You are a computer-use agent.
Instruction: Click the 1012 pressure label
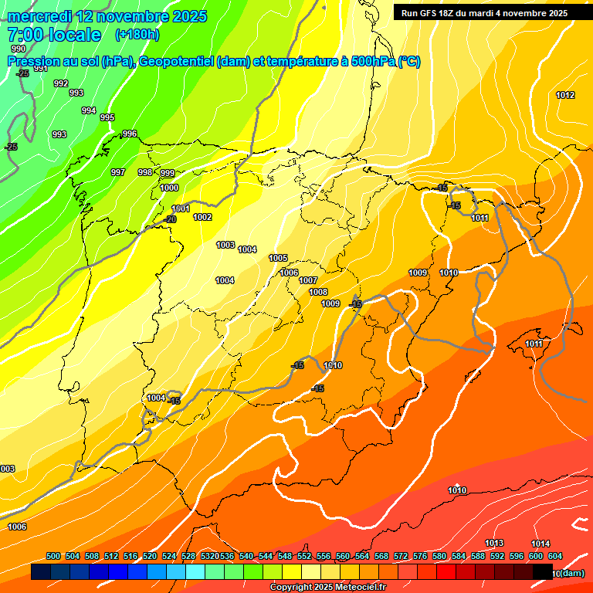click(565, 95)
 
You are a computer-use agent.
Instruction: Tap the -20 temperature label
click(170, 219)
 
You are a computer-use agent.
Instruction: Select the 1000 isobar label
click(170, 188)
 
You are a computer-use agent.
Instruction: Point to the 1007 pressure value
click(308, 280)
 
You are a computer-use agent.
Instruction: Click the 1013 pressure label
click(494, 543)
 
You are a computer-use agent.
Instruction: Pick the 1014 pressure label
click(540, 544)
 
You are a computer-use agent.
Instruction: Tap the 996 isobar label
click(129, 134)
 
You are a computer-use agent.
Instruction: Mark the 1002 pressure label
click(202, 218)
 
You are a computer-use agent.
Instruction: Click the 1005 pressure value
click(278, 258)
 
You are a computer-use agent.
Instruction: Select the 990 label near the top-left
click(19, 70)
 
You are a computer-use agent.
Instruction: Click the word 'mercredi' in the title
click(39, 16)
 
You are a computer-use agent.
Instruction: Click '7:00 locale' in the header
click(54, 35)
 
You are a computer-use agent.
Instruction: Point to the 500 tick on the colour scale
click(53, 556)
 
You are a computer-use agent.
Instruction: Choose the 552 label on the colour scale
click(304, 556)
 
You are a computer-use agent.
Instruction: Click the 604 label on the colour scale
click(555, 556)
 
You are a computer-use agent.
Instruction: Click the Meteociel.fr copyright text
click(327, 588)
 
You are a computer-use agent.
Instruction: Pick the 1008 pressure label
click(318, 292)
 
